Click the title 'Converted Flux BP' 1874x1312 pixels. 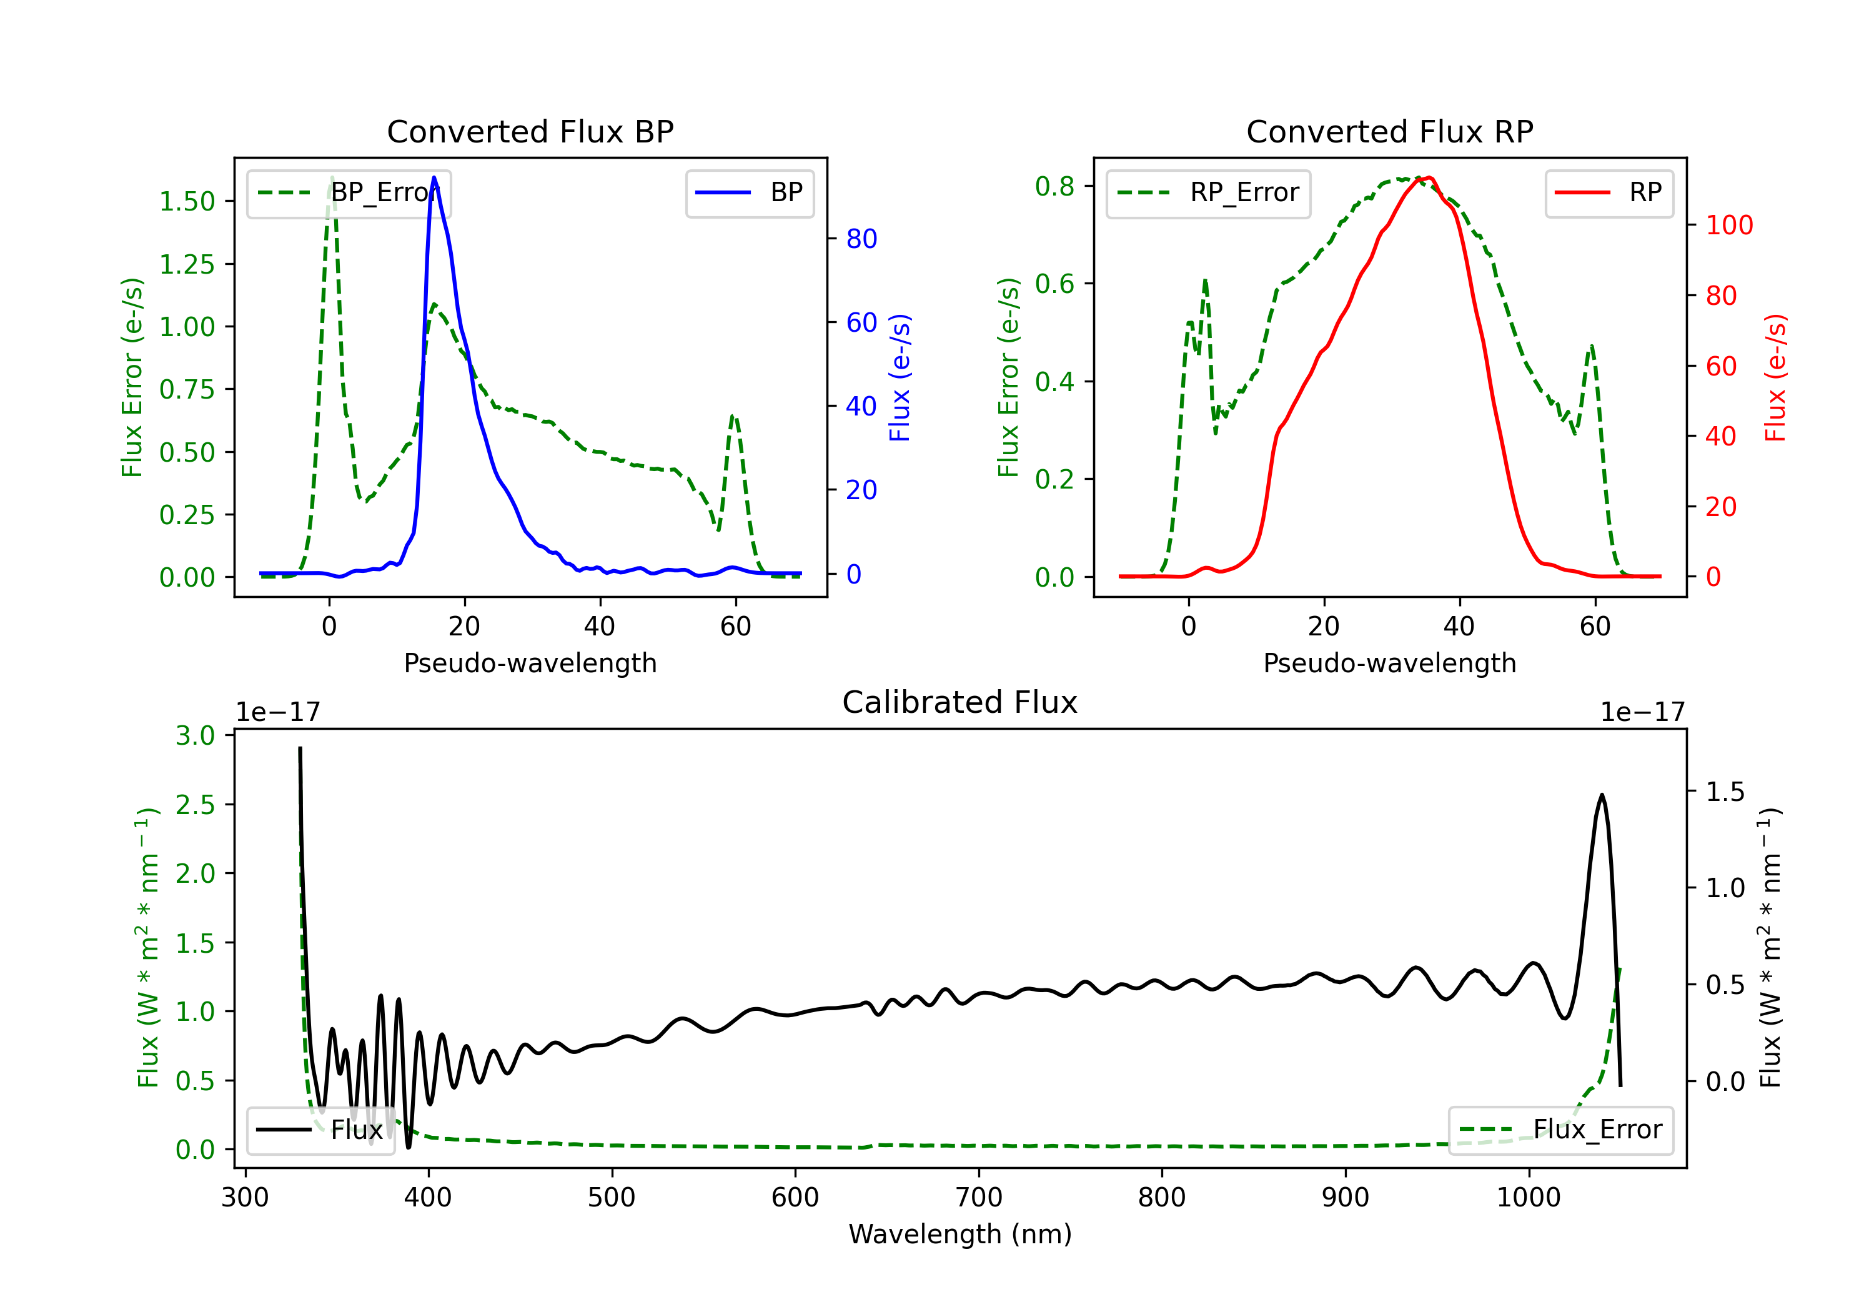(x=530, y=131)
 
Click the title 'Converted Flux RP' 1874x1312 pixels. (x=1390, y=131)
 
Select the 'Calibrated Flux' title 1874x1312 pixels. (x=960, y=702)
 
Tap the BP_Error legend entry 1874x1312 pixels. (x=348, y=192)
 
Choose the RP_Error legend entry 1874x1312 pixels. (x=1208, y=192)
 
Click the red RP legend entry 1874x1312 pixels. (x=1609, y=192)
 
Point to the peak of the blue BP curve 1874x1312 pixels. (x=434, y=177)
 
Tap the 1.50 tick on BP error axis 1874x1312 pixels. (x=187, y=202)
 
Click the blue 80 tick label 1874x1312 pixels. (x=862, y=239)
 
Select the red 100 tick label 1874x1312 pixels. (x=1730, y=226)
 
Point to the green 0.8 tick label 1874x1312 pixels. (x=1054, y=186)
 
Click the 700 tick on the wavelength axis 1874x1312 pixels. (x=979, y=1197)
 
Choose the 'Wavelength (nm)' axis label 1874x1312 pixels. (x=960, y=1234)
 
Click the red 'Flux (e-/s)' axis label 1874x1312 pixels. (x=1776, y=378)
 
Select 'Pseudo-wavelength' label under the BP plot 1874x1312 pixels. (x=530, y=663)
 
